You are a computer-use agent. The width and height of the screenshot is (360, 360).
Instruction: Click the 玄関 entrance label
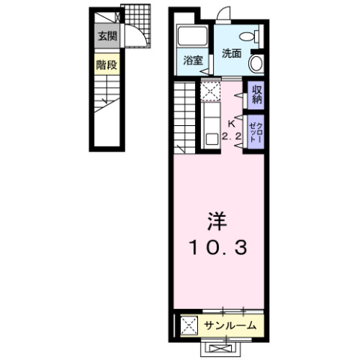click(106, 36)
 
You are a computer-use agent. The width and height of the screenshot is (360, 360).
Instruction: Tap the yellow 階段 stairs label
click(106, 65)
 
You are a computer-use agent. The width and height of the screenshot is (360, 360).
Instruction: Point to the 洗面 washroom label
click(231, 53)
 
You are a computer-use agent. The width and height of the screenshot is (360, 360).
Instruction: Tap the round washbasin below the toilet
click(256, 63)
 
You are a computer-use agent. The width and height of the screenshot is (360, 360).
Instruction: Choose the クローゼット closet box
click(256, 130)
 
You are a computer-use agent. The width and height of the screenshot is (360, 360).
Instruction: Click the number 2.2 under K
click(231, 136)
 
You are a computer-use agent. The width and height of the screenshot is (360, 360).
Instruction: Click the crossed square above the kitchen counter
click(209, 93)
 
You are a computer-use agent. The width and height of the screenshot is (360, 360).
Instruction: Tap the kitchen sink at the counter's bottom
click(209, 137)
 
